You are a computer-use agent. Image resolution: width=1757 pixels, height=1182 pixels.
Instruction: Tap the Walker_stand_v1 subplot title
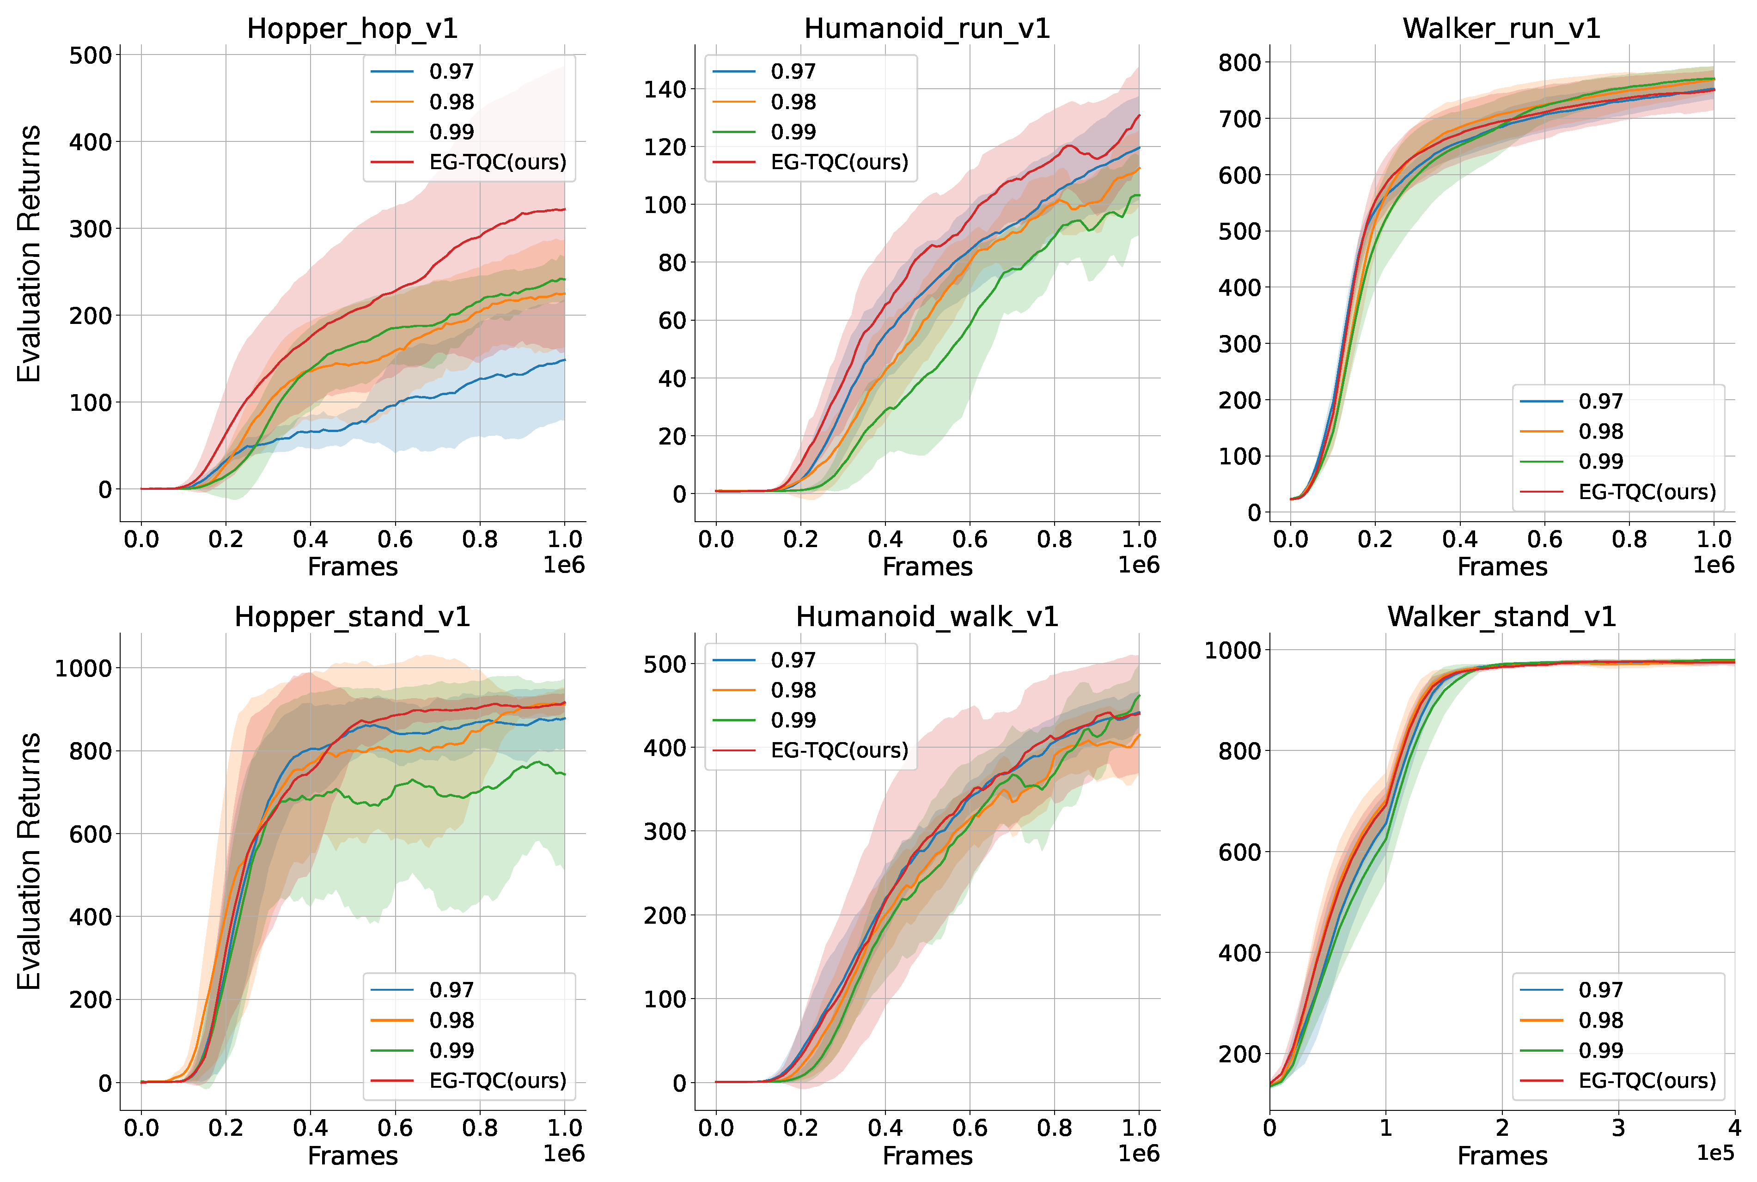coord(1501,616)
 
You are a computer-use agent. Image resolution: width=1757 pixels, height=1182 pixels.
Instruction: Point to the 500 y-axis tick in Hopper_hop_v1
coord(91,55)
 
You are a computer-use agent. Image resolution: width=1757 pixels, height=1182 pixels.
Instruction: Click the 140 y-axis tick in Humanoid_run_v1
coord(665,89)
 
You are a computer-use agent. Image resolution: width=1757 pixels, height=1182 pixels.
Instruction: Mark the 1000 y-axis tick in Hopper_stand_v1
coord(83,668)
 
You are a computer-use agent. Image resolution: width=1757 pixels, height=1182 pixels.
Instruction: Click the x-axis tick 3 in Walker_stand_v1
coord(1618,1128)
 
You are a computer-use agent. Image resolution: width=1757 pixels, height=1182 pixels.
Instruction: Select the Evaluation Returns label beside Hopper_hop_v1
coord(29,254)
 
